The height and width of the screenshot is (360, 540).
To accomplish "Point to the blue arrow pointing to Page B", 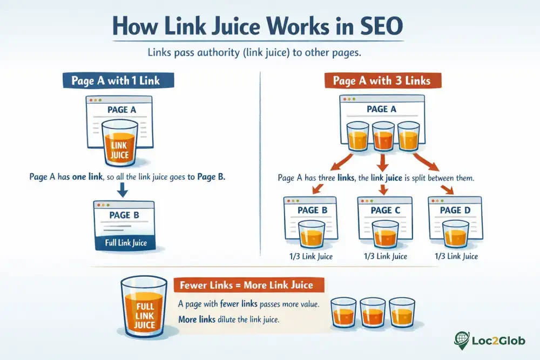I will point(122,189).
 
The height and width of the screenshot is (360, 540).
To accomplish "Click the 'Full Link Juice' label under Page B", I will point(125,243).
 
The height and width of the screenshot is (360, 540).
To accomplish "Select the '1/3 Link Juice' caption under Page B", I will point(310,256).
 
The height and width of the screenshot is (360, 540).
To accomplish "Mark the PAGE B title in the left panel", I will point(124,215).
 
